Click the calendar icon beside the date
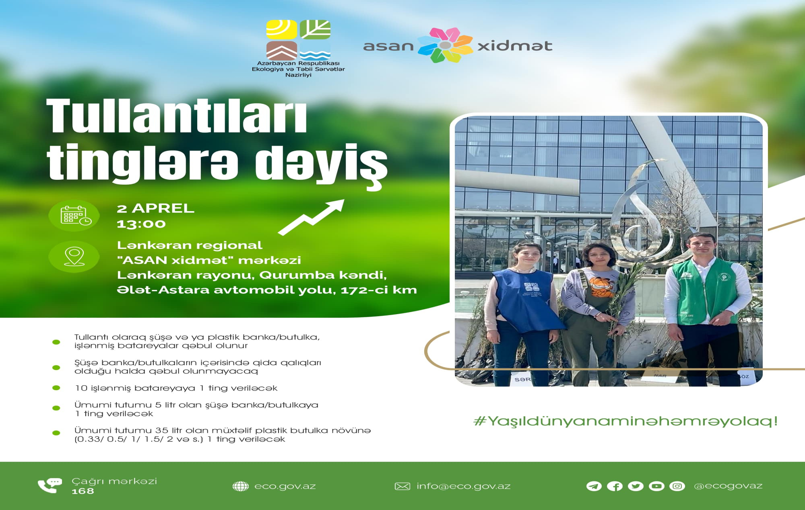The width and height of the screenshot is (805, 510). [x=76, y=216]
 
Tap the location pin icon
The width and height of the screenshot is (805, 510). [x=74, y=257]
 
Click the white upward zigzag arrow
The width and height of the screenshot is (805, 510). [x=312, y=217]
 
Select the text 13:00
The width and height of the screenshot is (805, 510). [x=141, y=224]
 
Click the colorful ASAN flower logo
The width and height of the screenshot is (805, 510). [x=445, y=45]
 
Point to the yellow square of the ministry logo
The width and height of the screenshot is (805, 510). [x=281, y=29]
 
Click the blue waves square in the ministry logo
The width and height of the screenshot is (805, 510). [x=315, y=51]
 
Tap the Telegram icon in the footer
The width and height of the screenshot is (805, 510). [x=594, y=486]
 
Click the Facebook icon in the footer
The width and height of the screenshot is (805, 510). [x=615, y=486]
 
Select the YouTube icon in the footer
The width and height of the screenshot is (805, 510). [x=656, y=486]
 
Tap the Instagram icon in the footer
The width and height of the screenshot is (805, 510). [x=677, y=486]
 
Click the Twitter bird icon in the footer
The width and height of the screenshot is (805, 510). [x=636, y=486]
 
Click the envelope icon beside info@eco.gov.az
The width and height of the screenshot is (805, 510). [x=402, y=486]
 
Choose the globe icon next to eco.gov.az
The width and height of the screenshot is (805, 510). [x=241, y=486]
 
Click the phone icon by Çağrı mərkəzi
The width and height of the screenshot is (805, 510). [x=50, y=485]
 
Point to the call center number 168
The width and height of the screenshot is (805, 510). [x=83, y=491]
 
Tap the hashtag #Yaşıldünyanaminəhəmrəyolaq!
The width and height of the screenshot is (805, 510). [x=625, y=421]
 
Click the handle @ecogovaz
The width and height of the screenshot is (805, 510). [x=728, y=486]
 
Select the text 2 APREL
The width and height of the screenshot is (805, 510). [x=155, y=208]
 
